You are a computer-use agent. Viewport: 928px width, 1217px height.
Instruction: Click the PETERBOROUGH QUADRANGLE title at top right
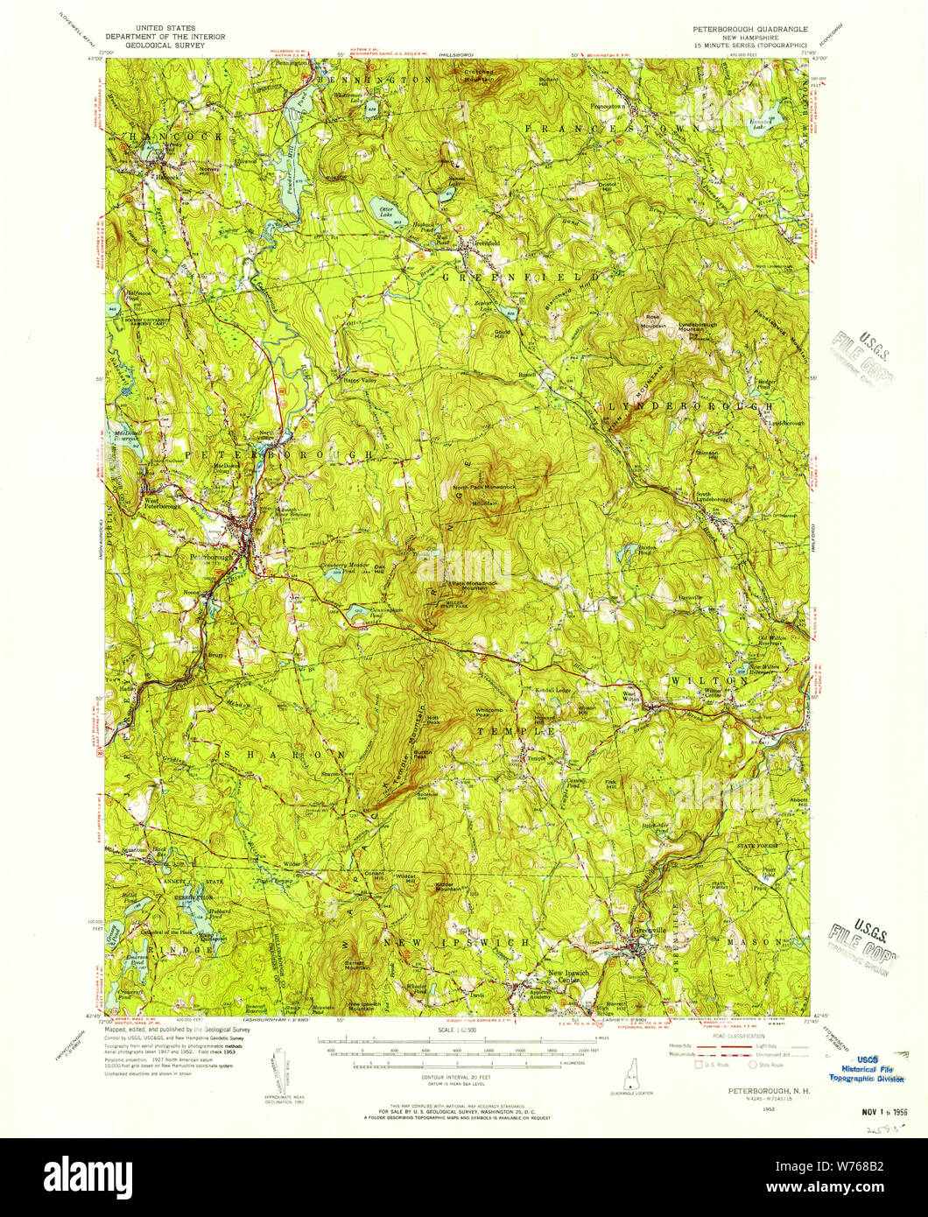(x=750, y=28)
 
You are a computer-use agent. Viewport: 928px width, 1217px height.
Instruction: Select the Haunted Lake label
(x=759, y=124)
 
